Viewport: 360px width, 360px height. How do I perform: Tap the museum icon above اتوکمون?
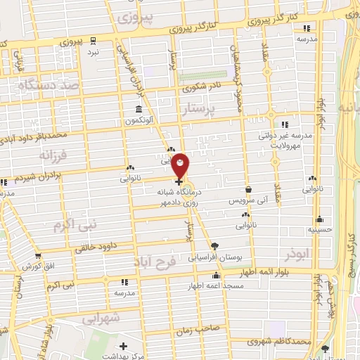[x=139, y=110]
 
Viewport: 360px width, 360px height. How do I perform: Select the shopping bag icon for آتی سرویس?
[x=249, y=189]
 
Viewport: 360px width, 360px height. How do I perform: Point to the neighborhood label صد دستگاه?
[x=45, y=84]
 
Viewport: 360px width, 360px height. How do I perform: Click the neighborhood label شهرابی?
[x=103, y=318]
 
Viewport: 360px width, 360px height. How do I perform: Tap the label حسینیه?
[x=320, y=229]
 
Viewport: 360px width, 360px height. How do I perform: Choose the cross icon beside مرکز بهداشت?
[x=124, y=346]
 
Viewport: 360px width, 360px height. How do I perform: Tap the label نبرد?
[x=93, y=53]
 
